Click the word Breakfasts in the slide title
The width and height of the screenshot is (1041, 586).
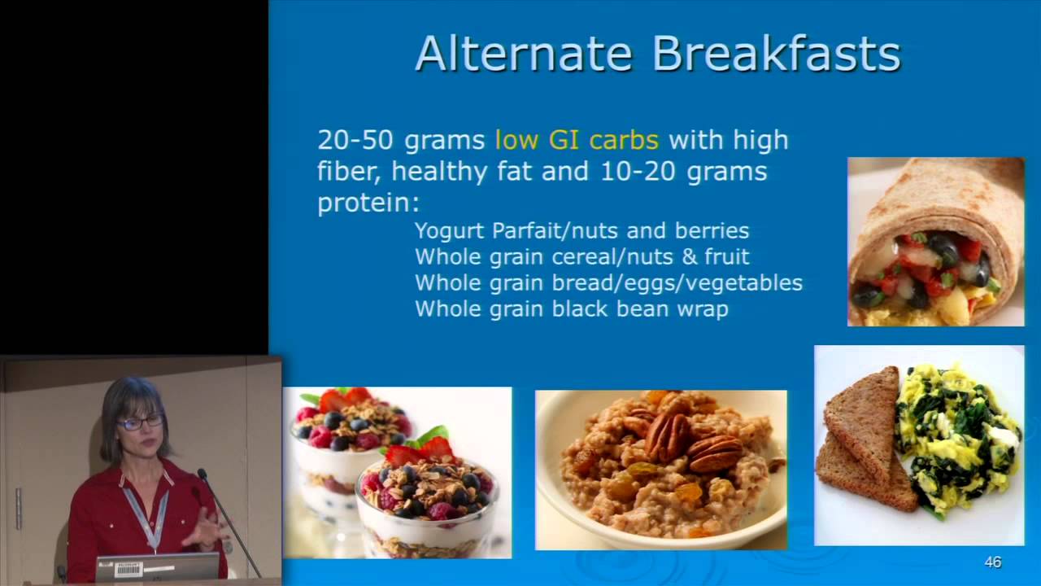(776, 54)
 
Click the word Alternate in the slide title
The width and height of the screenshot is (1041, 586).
(524, 54)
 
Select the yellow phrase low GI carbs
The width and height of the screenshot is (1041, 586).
(577, 140)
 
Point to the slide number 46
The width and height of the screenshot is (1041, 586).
(992, 562)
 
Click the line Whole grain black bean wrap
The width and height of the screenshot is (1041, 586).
(571, 308)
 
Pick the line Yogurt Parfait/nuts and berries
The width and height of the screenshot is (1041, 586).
(581, 230)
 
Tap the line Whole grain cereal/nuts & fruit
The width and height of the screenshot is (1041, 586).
(581, 256)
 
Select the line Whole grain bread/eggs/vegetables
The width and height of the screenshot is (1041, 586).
(608, 282)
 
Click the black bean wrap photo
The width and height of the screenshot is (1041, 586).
(935, 242)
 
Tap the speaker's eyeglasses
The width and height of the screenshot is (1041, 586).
(139, 422)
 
